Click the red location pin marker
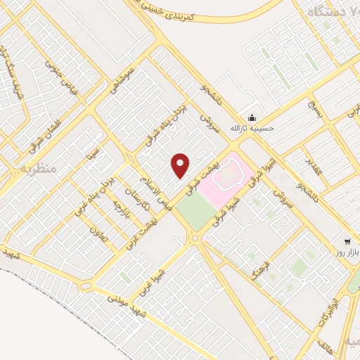click(x=181, y=165)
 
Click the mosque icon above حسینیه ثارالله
click(x=252, y=118)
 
